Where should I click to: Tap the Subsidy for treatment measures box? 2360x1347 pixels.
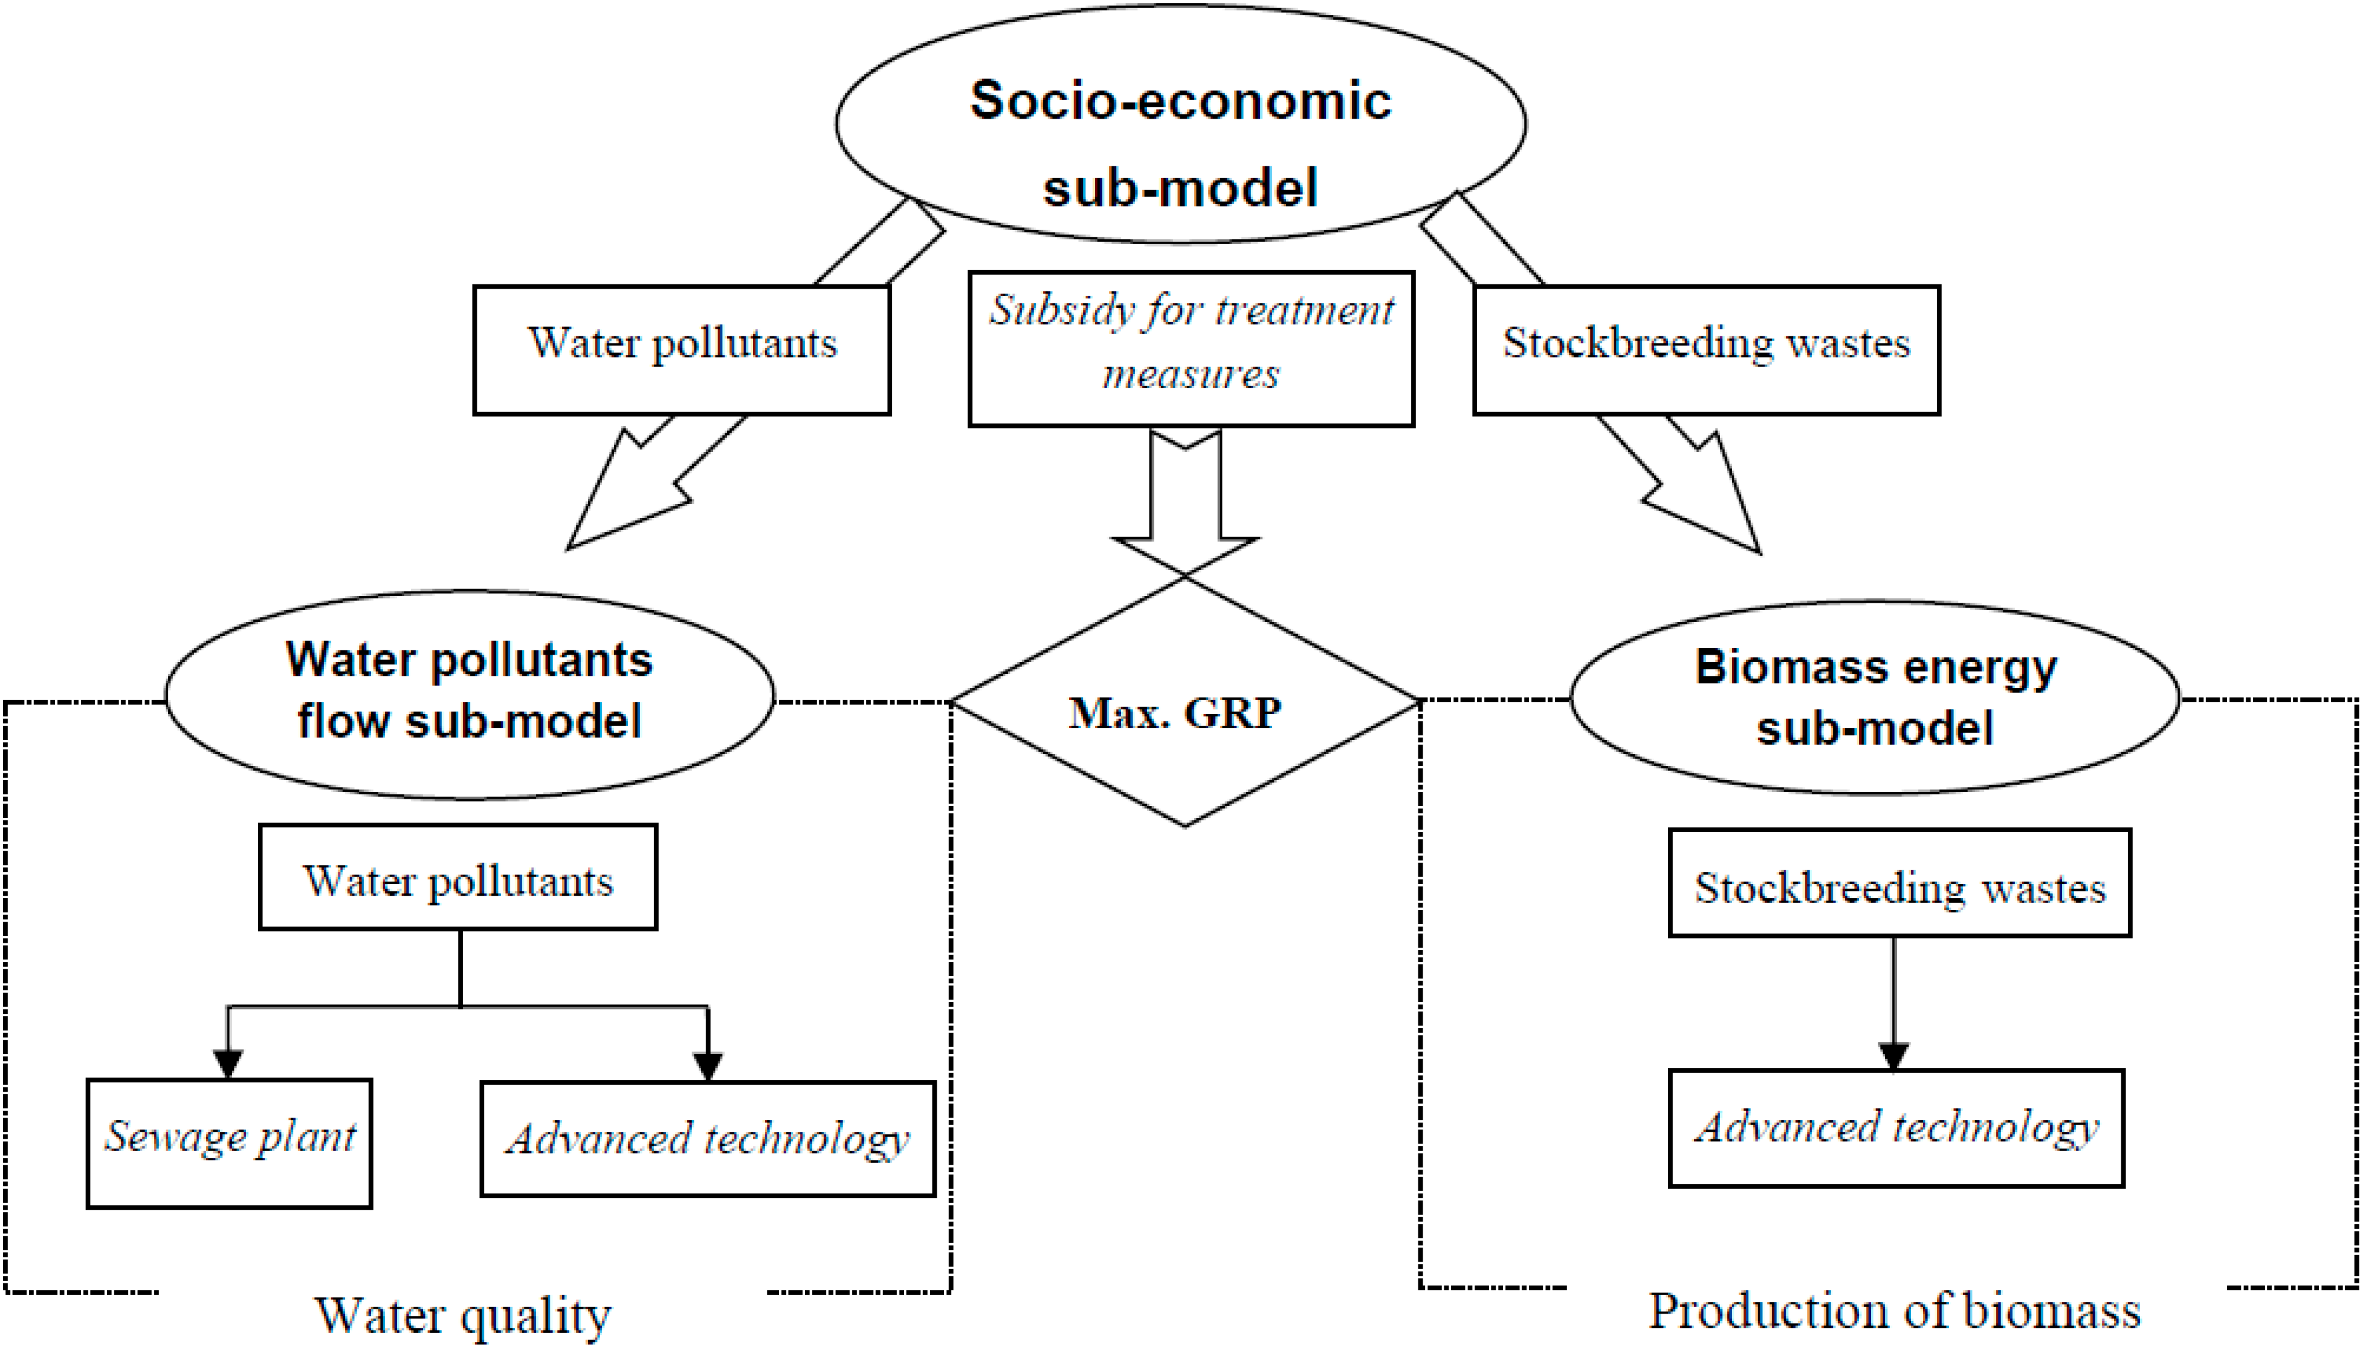click(1191, 349)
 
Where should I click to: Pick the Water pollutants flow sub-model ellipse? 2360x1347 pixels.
click(469, 694)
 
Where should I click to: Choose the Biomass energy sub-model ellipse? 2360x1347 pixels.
click(1874, 699)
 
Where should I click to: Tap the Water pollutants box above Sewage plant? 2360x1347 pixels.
click(458, 877)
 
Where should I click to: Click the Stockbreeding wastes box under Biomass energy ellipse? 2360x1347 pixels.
click(1899, 883)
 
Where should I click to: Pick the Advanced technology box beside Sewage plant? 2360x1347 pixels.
click(708, 1139)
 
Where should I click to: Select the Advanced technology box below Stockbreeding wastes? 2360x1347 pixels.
click(1896, 1129)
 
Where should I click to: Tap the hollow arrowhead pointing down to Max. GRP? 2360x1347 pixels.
click(1185, 556)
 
